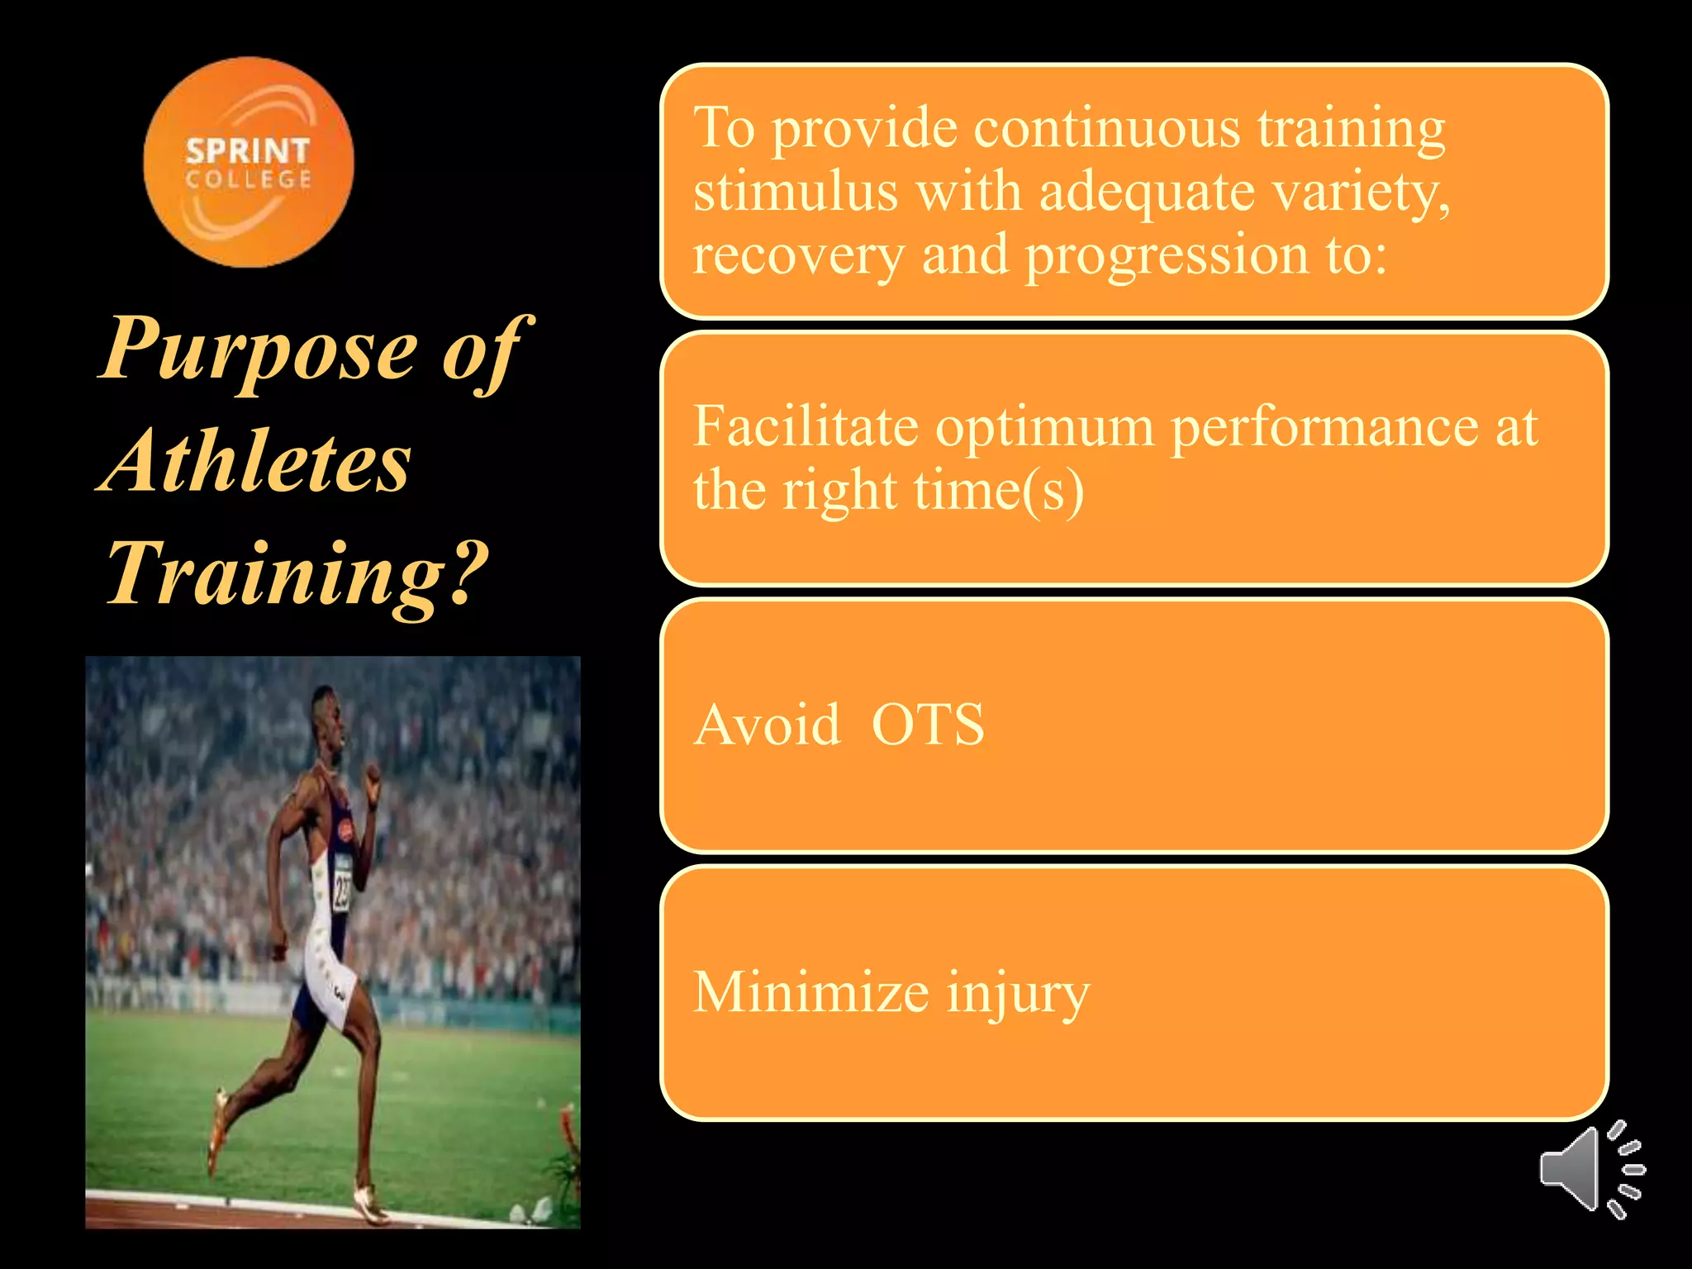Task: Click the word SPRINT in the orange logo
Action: [x=247, y=151]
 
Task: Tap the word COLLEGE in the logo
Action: [x=248, y=179]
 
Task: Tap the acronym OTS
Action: [x=928, y=725]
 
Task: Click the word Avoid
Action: [x=767, y=725]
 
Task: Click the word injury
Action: [x=1018, y=994]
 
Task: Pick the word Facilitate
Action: [x=806, y=427]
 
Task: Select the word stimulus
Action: [x=795, y=192]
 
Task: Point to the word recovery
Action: [x=798, y=256]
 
